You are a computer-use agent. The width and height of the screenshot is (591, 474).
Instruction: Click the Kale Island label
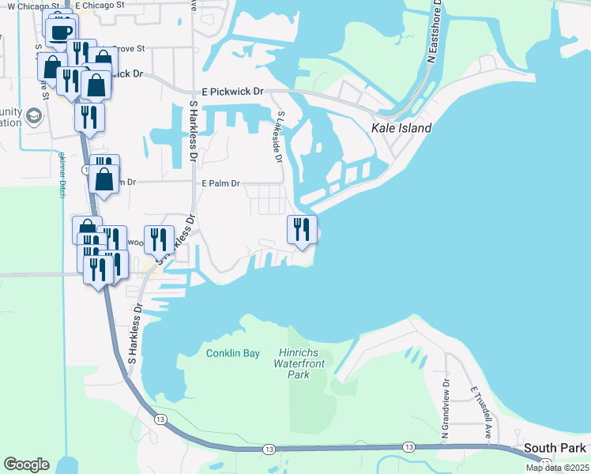click(x=401, y=128)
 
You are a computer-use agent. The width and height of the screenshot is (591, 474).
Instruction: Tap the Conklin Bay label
click(x=233, y=353)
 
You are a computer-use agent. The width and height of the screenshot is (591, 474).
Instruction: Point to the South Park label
click(x=555, y=448)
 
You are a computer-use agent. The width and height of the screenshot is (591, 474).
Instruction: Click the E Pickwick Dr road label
click(x=232, y=92)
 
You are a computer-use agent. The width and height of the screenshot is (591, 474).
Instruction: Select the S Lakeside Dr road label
click(x=278, y=136)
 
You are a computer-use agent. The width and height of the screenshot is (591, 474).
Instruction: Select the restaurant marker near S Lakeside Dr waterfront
click(x=302, y=230)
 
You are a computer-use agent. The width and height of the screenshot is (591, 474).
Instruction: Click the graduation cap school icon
click(x=33, y=117)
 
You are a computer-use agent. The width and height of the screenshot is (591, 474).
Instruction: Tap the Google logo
click(x=26, y=465)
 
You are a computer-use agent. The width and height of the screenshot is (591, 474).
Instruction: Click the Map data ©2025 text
click(x=557, y=468)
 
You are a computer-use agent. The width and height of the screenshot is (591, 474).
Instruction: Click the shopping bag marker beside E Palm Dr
click(x=104, y=179)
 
